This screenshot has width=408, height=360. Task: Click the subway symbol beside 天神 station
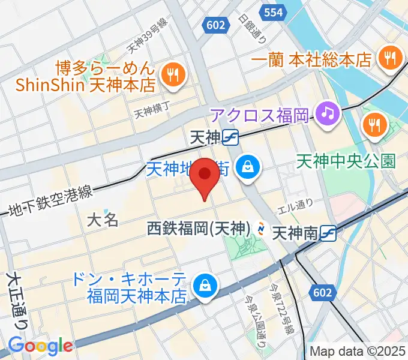click(x=230, y=138)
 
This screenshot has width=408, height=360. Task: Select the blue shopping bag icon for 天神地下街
click(x=247, y=166)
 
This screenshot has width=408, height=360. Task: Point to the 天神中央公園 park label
click(x=347, y=161)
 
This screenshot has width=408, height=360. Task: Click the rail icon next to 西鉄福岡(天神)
click(x=262, y=229)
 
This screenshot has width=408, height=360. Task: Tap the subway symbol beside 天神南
click(x=328, y=232)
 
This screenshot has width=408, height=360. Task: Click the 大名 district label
click(x=103, y=219)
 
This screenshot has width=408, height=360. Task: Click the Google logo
click(x=40, y=346)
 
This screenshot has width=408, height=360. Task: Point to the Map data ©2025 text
click(x=358, y=351)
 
